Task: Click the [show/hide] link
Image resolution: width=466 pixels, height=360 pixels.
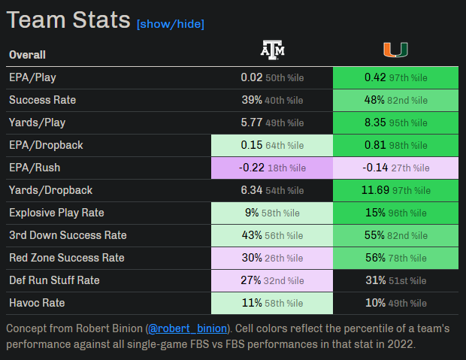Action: [170, 24]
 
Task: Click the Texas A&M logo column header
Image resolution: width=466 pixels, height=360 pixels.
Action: [273, 50]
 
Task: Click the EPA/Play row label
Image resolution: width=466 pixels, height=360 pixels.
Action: [32, 77]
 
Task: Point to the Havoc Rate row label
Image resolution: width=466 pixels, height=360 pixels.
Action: [37, 303]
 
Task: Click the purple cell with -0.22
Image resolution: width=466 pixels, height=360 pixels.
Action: [272, 168]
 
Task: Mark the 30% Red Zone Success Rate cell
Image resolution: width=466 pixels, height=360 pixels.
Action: [272, 258]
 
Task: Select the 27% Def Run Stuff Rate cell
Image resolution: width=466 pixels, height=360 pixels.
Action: [272, 280]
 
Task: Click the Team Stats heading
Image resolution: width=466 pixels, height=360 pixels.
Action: [68, 20]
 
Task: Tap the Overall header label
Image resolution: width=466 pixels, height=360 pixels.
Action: [27, 54]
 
